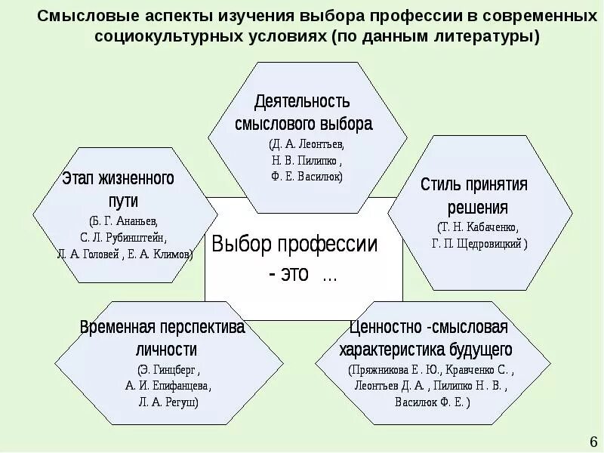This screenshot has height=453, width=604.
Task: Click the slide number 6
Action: click(592, 440)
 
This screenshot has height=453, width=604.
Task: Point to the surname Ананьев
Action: click(143, 221)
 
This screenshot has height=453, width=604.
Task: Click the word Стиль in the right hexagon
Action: click(440, 185)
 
